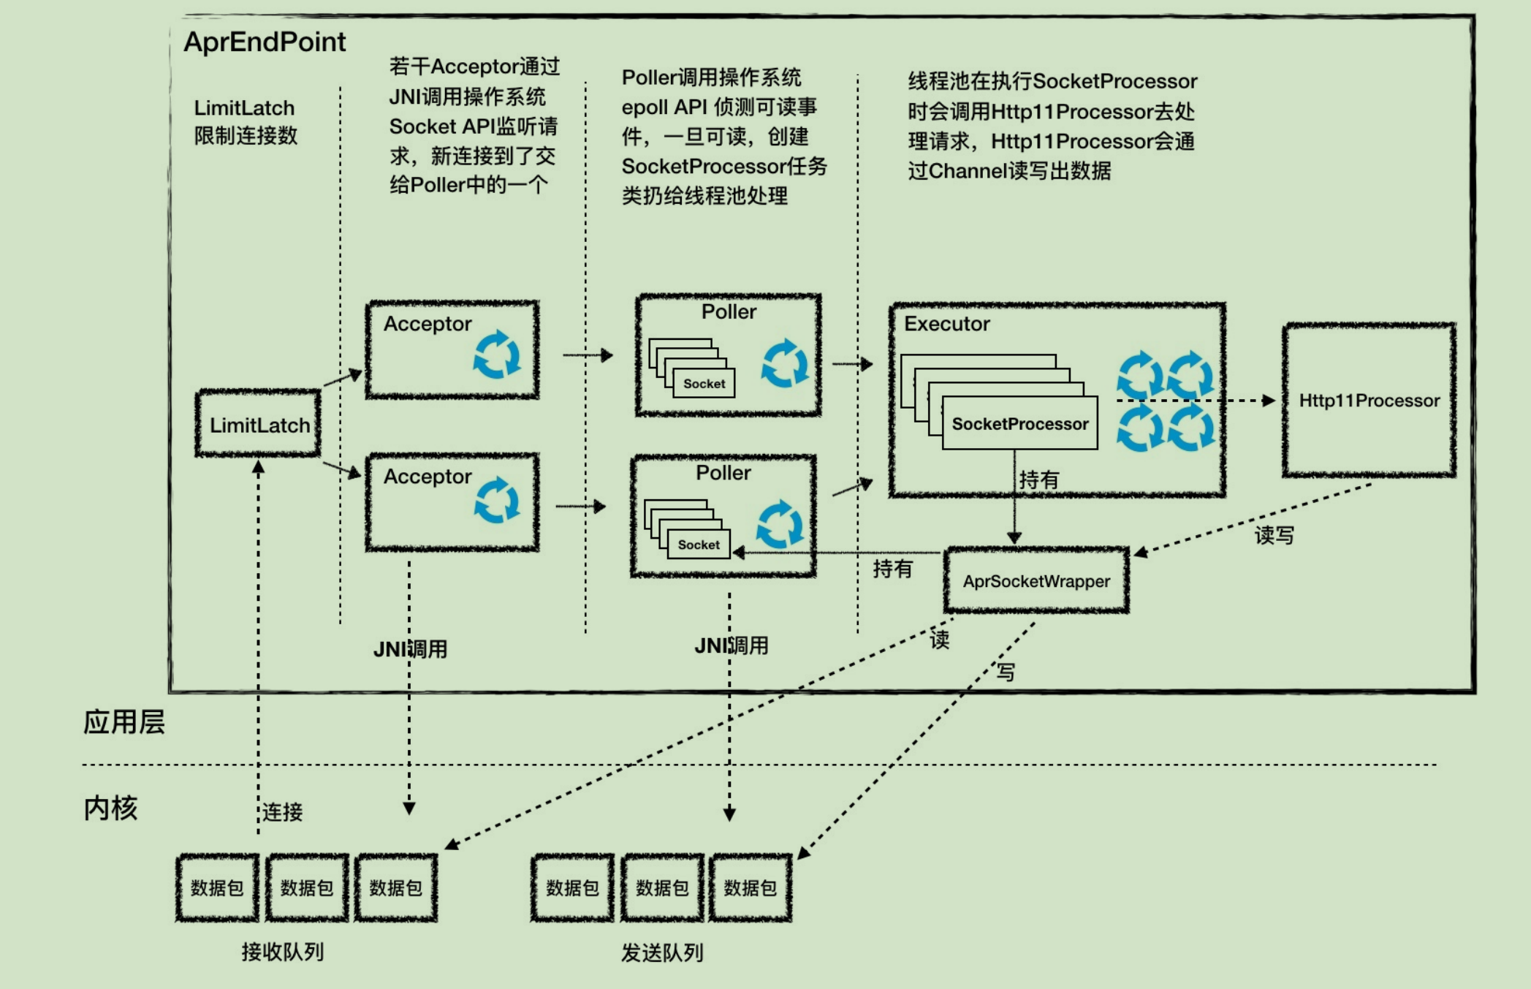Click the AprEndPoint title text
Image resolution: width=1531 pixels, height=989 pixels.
click(x=265, y=42)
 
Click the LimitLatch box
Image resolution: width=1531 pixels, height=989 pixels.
click(x=258, y=424)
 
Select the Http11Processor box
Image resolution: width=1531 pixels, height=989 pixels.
click(x=1369, y=401)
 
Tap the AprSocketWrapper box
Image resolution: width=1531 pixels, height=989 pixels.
click(x=1036, y=581)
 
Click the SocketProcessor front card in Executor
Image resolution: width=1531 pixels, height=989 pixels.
click(x=1020, y=424)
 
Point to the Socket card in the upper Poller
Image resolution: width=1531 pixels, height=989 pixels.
click(x=704, y=384)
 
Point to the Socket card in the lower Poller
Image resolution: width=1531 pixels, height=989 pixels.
click(x=699, y=545)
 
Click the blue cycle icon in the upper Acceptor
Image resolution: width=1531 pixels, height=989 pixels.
click(x=497, y=355)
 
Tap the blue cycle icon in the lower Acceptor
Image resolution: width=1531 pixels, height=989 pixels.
click(x=497, y=501)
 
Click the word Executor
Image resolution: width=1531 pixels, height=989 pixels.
click(x=946, y=324)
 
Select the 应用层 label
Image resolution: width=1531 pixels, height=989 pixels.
click(x=124, y=722)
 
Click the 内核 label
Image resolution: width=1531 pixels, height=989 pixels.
click(x=110, y=808)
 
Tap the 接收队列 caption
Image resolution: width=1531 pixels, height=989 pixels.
click(x=283, y=952)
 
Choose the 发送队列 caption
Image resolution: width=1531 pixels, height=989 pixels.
click(x=662, y=952)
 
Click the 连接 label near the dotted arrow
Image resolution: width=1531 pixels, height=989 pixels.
click(x=282, y=812)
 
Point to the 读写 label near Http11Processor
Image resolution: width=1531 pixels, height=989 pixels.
click(x=1274, y=535)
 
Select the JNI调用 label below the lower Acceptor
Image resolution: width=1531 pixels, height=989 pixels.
click(x=411, y=649)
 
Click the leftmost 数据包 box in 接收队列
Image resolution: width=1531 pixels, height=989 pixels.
click(x=217, y=887)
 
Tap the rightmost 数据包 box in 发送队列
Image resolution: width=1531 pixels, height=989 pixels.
click(x=751, y=887)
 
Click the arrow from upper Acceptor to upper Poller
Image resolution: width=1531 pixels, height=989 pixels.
click(x=588, y=355)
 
